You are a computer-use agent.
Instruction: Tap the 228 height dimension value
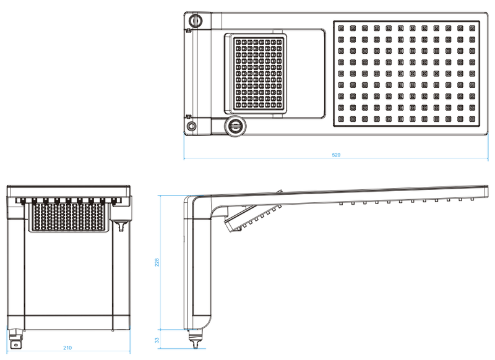point(157,263)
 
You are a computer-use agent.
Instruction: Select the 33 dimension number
point(157,340)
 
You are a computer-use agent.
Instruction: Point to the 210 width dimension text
point(67,348)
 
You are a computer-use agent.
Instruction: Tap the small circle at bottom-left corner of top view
point(192,126)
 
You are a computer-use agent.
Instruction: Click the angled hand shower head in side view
point(251,219)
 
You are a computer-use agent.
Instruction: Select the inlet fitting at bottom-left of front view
point(17,339)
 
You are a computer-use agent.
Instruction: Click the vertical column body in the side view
point(198,266)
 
